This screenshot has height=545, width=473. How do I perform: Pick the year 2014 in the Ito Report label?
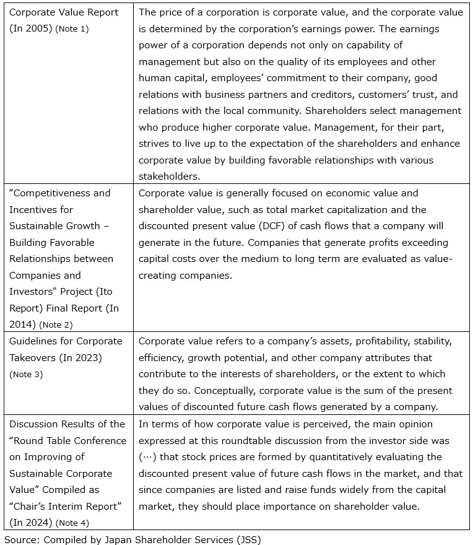[22, 324]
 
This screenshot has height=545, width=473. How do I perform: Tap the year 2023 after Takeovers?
[89, 357]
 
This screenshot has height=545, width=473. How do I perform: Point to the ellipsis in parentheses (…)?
[149, 457]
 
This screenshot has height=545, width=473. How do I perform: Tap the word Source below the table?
[20, 539]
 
